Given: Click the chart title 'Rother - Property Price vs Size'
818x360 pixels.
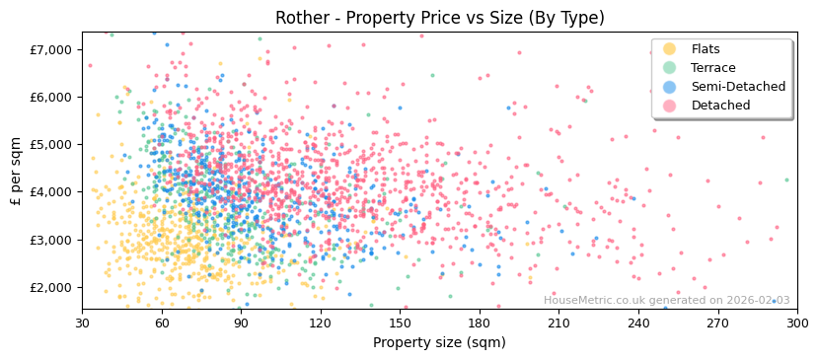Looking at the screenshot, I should (x=439, y=18).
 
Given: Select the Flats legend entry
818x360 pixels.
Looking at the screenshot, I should (x=705, y=49).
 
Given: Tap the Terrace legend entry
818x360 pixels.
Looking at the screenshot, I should (x=713, y=68).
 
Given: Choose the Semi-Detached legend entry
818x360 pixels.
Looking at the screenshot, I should (x=738, y=87).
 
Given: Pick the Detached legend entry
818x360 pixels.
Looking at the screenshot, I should (x=720, y=106).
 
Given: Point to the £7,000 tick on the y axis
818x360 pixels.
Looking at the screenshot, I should (x=51, y=49).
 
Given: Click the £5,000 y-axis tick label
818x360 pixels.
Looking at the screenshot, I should (x=51, y=144).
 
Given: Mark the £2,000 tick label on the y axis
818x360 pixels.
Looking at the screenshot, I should (x=51, y=287).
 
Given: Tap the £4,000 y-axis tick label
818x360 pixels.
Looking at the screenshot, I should (x=51, y=192).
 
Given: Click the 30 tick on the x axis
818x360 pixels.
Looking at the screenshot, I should (x=83, y=323).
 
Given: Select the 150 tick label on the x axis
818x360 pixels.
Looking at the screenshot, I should (x=400, y=323).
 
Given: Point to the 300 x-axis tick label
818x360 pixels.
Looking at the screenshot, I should (x=796, y=323).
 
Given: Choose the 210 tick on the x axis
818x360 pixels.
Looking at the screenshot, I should (x=558, y=323).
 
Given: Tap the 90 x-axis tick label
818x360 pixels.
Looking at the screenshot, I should (x=241, y=323).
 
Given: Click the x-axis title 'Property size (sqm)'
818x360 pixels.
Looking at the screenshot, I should (x=439, y=343).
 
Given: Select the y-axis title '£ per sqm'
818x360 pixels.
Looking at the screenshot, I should (x=17, y=171).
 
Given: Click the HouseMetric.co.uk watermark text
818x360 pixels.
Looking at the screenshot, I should (x=667, y=301).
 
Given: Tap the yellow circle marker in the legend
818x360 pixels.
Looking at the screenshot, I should (x=670, y=49).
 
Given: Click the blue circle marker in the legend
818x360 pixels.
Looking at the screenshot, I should (x=670, y=87).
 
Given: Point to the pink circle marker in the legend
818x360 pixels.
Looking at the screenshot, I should (x=670, y=106).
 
